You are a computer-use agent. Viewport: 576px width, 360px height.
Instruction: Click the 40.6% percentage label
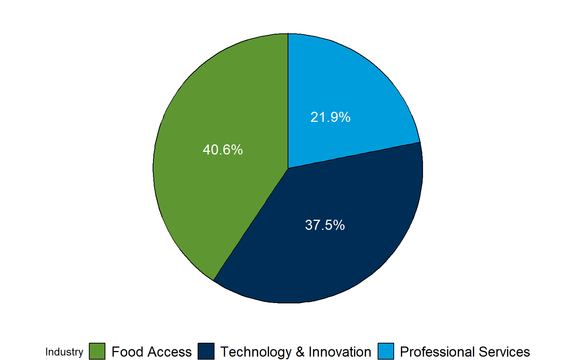(x=223, y=150)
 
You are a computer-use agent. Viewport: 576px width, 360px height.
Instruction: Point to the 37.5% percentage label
(x=325, y=225)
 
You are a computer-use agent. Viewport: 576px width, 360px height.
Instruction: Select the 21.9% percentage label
(x=330, y=117)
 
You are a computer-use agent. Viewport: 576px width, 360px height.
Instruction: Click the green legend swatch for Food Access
(x=97, y=351)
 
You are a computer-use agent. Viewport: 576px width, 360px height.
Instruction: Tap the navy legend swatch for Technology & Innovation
(x=206, y=351)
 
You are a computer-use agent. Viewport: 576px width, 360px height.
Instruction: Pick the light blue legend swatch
(x=386, y=351)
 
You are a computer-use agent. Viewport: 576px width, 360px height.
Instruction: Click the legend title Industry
(x=64, y=352)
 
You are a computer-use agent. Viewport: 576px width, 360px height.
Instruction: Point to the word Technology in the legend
(x=256, y=352)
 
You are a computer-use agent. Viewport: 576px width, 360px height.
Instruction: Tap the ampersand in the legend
(x=300, y=352)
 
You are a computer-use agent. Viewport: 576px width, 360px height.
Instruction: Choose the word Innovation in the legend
(x=340, y=352)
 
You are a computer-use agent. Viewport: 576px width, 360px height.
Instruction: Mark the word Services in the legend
(x=504, y=352)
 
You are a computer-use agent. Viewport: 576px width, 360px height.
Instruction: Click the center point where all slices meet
(x=288, y=168)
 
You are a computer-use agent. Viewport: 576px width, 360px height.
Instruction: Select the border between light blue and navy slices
(x=354, y=155)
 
